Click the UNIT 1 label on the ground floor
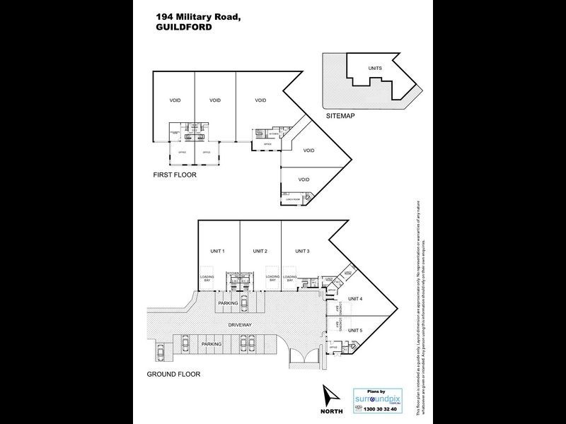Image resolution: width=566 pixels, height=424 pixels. tap(218, 252)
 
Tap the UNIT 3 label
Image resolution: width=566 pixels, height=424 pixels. tap(302, 252)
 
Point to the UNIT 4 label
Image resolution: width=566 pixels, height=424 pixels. tap(355, 299)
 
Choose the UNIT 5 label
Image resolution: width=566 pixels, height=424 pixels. tap(355, 330)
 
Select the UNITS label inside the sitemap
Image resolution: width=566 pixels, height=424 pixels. tap(375, 68)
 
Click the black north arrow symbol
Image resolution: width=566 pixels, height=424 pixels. tap(330, 396)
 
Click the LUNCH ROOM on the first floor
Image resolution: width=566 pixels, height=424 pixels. tap(294, 200)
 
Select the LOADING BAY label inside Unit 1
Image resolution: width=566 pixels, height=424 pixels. tap(207, 278)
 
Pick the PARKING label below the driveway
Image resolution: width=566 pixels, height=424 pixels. tap(212, 343)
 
